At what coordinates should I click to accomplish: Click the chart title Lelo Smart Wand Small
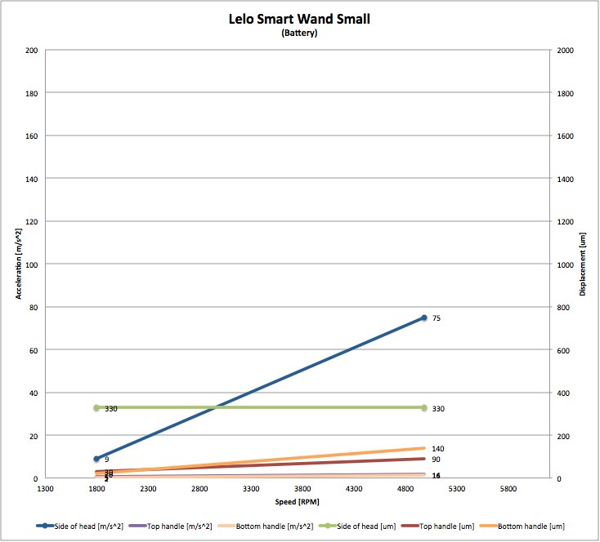click(299, 19)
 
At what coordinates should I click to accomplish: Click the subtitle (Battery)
click(299, 33)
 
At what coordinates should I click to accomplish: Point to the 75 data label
click(437, 318)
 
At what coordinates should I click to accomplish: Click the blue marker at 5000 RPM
click(424, 318)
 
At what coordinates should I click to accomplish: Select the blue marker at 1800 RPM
click(96, 459)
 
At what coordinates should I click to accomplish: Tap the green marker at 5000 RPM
click(424, 407)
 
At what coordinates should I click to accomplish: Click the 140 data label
click(437, 449)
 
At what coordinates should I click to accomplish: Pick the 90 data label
click(436, 460)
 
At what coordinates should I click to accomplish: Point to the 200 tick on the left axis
click(32, 51)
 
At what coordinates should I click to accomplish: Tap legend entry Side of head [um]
click(361, 526)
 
